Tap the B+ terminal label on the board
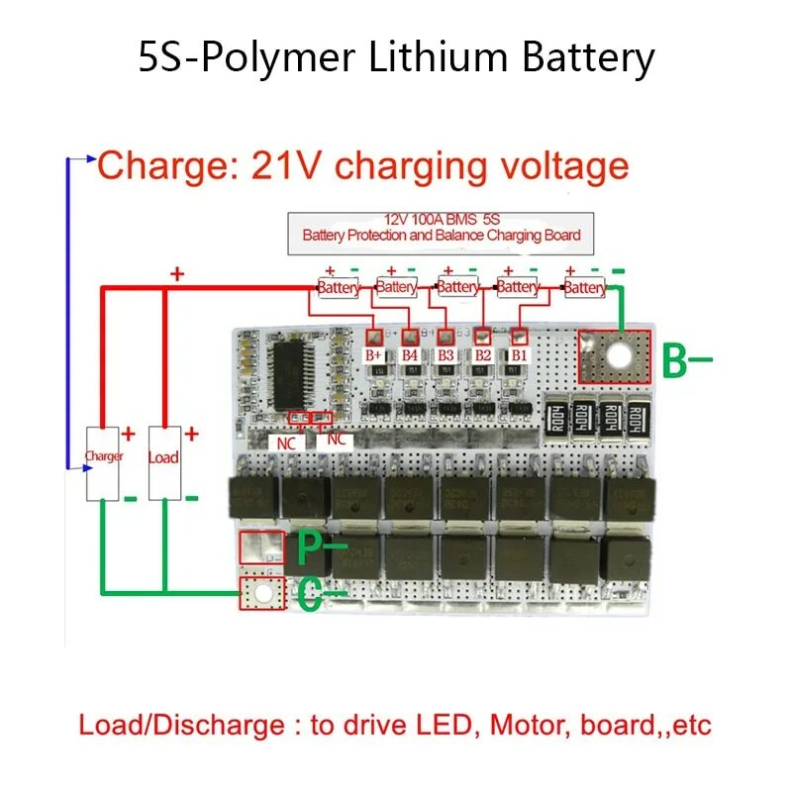click(x=374, y=353)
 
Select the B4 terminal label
click(x=411, y=353)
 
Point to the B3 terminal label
click(x=446, y=353)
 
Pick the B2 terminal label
click(x=482, y=353)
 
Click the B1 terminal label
click(x=519, y=353)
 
